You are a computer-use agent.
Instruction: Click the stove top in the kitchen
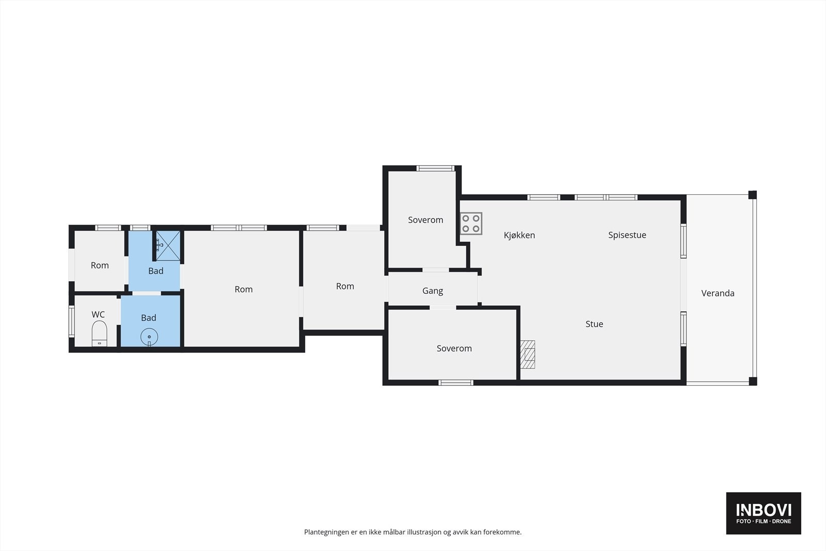[471, 224]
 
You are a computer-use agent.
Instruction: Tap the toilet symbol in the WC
[99, 334]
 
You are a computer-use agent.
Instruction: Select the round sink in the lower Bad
[149, 337]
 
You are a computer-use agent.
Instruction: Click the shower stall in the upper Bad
[168, 246]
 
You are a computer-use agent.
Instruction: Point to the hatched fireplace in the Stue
[527, 354]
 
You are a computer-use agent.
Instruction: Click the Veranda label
[718, 293]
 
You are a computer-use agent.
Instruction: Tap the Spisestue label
[627, 235]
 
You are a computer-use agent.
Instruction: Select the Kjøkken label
[519, 235]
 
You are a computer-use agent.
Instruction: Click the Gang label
[433, 291]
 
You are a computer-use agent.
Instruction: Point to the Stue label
[594, 324]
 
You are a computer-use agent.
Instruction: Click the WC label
[98, 314]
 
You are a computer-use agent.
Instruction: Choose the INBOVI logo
[764, 513]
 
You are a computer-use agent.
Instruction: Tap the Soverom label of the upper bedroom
[425, 220]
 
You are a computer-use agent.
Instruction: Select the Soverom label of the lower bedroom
[454, 348]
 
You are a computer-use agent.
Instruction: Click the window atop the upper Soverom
[436, 168]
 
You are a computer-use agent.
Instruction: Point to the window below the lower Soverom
[456, 383]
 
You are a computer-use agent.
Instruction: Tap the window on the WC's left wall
[72, 321]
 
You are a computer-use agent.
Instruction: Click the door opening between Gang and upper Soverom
[436, 270]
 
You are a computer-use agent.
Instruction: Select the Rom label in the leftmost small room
[100, 265]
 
